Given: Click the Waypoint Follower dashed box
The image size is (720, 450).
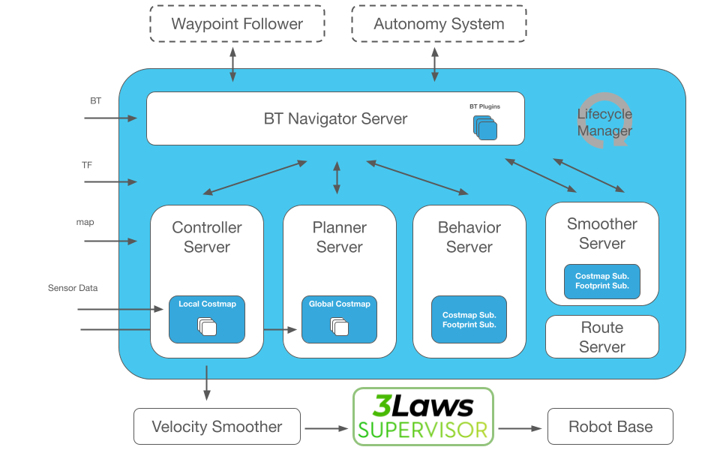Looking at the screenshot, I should click(237, 23).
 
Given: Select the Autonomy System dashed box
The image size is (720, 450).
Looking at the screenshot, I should click(439, 23).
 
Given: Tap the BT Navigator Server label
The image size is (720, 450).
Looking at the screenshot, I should click(335, 118).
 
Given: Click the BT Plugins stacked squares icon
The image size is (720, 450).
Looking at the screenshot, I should click(486, 127).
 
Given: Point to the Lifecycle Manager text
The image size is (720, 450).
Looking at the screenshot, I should click(604, 122).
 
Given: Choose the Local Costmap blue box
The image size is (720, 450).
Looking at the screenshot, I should click(206, 319).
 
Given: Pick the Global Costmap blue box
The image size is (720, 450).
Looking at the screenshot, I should click(339, 319).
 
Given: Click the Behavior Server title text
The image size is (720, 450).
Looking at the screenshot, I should click(469, 237).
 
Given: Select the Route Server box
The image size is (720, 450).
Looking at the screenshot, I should click(601, 337).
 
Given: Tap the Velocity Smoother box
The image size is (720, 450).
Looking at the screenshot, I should click(217, 427).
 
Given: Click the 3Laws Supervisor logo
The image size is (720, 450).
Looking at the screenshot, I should click(423, 415).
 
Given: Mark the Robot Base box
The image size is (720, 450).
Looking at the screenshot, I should click(610, 427).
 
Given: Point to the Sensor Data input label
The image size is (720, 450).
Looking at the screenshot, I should click(73, 288).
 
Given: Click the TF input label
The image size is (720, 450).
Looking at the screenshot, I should click(87, 164).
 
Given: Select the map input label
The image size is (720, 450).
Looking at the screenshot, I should click(85, 223).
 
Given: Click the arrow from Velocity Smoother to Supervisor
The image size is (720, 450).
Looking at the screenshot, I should click(326, 428).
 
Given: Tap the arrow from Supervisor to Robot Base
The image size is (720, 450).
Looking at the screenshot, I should click(520, 428).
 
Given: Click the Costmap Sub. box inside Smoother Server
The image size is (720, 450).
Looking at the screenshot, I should click(601, 280).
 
